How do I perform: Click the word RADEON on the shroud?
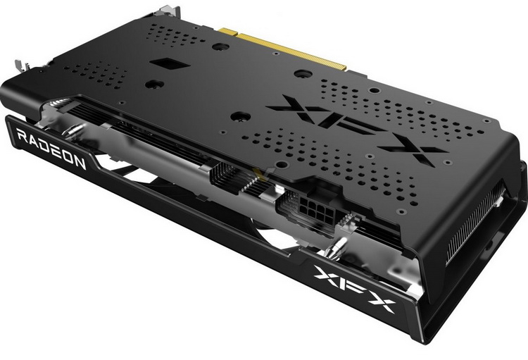[51, 149]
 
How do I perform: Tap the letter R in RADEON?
[22, 137]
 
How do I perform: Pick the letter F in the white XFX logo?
[352, 287]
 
